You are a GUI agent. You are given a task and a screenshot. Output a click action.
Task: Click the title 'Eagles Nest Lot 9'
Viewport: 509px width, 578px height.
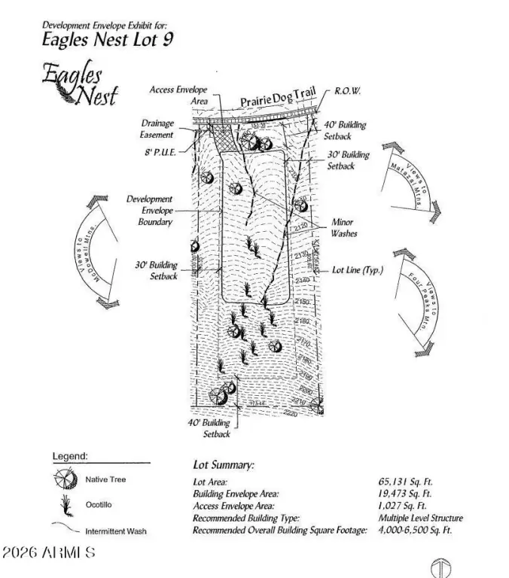click(107, 39)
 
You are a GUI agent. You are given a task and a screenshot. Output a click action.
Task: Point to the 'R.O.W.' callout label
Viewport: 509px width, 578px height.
click(347, 90)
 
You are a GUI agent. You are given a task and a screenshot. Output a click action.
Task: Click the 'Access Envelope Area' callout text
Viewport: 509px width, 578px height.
click(178, 95)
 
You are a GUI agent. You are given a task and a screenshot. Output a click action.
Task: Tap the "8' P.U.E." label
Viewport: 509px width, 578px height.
click(158, 151)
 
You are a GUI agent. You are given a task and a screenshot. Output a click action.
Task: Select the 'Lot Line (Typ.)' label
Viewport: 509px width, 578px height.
click(358, 269)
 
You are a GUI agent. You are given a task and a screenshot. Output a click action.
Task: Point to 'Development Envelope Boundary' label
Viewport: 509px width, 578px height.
click(149, 211)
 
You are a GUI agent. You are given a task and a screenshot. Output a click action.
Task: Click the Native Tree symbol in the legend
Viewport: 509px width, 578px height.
click(66, 479)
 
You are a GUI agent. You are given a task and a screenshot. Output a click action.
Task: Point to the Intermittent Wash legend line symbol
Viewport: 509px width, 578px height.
click(66, 529)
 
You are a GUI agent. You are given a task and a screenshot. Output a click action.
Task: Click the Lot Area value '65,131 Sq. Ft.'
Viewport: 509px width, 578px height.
click(405, 482)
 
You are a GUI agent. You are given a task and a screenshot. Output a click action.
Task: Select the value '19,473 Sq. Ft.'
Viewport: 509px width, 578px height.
click(405, 494)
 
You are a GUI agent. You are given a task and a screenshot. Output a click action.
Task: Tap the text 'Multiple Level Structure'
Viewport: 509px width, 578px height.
click(420, 518)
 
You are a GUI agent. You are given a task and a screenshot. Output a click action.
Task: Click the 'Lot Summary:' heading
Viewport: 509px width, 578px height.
click(224, 466)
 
